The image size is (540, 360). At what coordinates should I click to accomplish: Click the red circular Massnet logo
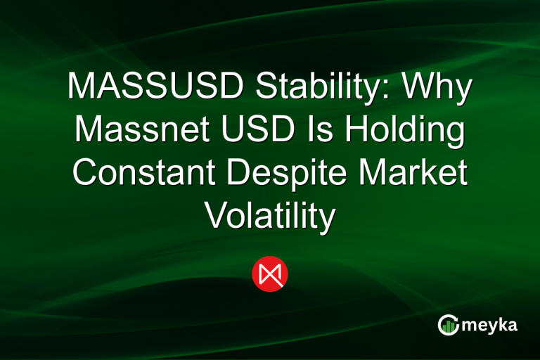[x=270, y=274]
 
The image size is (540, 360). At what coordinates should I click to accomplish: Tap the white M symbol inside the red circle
[x=270, y=274]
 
